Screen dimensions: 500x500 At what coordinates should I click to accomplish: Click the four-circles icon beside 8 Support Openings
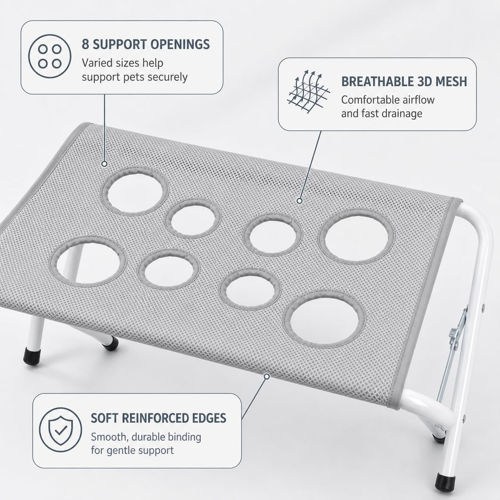pos(50,56)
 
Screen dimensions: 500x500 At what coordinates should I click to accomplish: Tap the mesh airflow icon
pos(308,91)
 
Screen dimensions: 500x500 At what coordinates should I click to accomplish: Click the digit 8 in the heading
pos(85,44)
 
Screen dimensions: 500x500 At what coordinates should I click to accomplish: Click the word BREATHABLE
pos(377,82)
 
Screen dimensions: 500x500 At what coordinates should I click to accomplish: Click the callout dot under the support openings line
pos(105,164)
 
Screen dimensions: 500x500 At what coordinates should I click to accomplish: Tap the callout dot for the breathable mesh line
pos(300,200)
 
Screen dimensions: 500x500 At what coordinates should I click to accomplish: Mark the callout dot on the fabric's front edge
pos(267,376)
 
